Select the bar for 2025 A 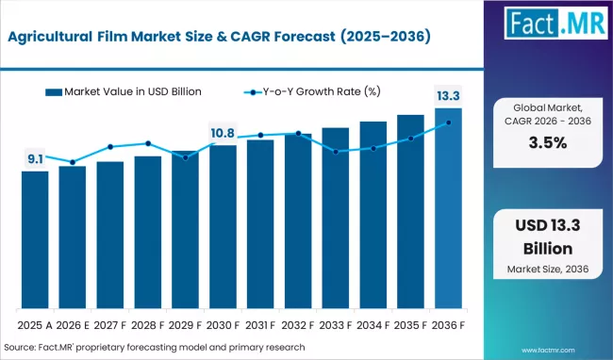pos(35,240)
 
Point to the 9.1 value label pos(35,159)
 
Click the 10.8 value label pos(223,134)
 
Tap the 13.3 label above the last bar pos(448,96)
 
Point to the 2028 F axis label pos(148,326)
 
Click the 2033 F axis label pos(336,326)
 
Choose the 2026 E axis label pos(73,326)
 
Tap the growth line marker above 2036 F pos(448,123)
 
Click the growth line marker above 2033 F pos(336,151)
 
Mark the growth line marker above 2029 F pos(185,157)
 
